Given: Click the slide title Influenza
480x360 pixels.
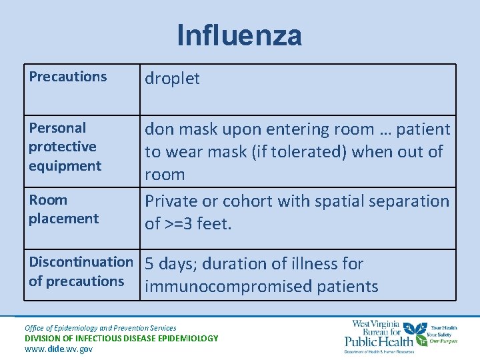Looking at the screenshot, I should (239, 35).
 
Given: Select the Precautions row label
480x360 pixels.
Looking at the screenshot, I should (67, 77).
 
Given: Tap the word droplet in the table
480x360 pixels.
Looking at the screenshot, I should (172, 79).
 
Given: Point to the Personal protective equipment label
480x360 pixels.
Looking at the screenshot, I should (65, 147).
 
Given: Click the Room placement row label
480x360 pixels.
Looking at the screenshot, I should (63, 209).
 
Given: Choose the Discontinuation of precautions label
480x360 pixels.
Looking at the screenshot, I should (81, 271).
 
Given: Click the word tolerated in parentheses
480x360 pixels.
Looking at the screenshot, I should (302, 152).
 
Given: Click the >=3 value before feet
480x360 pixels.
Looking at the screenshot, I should (178, 224).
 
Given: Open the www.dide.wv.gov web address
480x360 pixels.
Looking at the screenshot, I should (58, 349).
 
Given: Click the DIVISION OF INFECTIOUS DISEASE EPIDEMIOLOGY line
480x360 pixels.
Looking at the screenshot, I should (121, 338).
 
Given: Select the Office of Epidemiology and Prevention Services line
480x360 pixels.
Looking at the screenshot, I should (101, 327).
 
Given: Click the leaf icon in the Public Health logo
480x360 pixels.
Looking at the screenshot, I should (419, 331).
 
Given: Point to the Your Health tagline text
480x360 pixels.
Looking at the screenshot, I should (444, 328).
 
